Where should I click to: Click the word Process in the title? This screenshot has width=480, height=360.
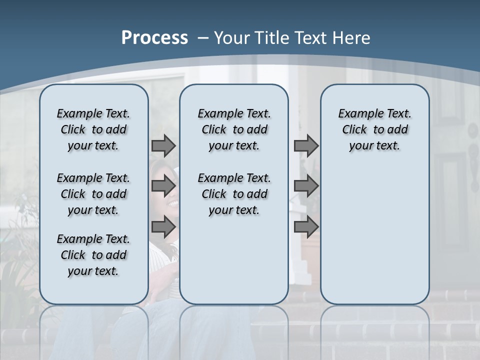coord(154,38)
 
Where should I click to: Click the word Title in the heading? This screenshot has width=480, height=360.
coord(273,38)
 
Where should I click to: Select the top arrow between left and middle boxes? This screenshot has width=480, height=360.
coord(163,146)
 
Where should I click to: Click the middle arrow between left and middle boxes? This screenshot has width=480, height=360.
coord(163,186)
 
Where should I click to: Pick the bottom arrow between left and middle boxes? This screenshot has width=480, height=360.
coord(163,227)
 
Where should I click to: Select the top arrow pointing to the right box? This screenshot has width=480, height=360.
coord(306,146)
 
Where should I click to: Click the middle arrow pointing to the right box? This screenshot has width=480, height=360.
coord(306,186)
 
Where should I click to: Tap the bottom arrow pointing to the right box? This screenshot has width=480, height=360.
coord(306,227)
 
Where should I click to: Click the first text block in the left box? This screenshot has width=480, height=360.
coord(93,129)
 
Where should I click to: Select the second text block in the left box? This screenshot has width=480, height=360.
coord(93,194)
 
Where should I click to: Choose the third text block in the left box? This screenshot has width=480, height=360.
coord(93,255)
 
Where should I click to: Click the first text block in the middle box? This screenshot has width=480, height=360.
coord(234,129)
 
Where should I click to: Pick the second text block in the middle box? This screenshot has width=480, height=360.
coord(234,194)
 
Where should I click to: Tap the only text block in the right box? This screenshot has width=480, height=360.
coord(374,129)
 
